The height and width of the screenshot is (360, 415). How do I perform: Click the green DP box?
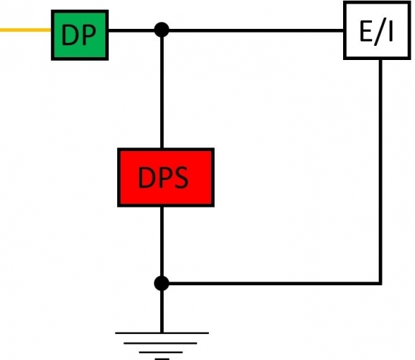tap(79, 34)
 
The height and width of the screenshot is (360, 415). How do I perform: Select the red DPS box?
tap(166, 177)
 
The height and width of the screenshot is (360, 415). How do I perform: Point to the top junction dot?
tap(162, 30)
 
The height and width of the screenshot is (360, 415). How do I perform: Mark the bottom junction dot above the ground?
tap(162, 283)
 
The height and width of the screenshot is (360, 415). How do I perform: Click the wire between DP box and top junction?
tap(133, 30)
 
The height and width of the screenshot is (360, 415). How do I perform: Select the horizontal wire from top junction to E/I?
tap(252, 30)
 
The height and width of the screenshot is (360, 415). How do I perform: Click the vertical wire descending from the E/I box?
tap(380, 170)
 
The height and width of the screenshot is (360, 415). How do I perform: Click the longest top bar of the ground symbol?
tap(162, 333)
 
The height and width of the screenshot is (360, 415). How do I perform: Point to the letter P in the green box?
tap(89, 35)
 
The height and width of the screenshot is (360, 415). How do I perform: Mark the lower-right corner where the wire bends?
tap(380, 283)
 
